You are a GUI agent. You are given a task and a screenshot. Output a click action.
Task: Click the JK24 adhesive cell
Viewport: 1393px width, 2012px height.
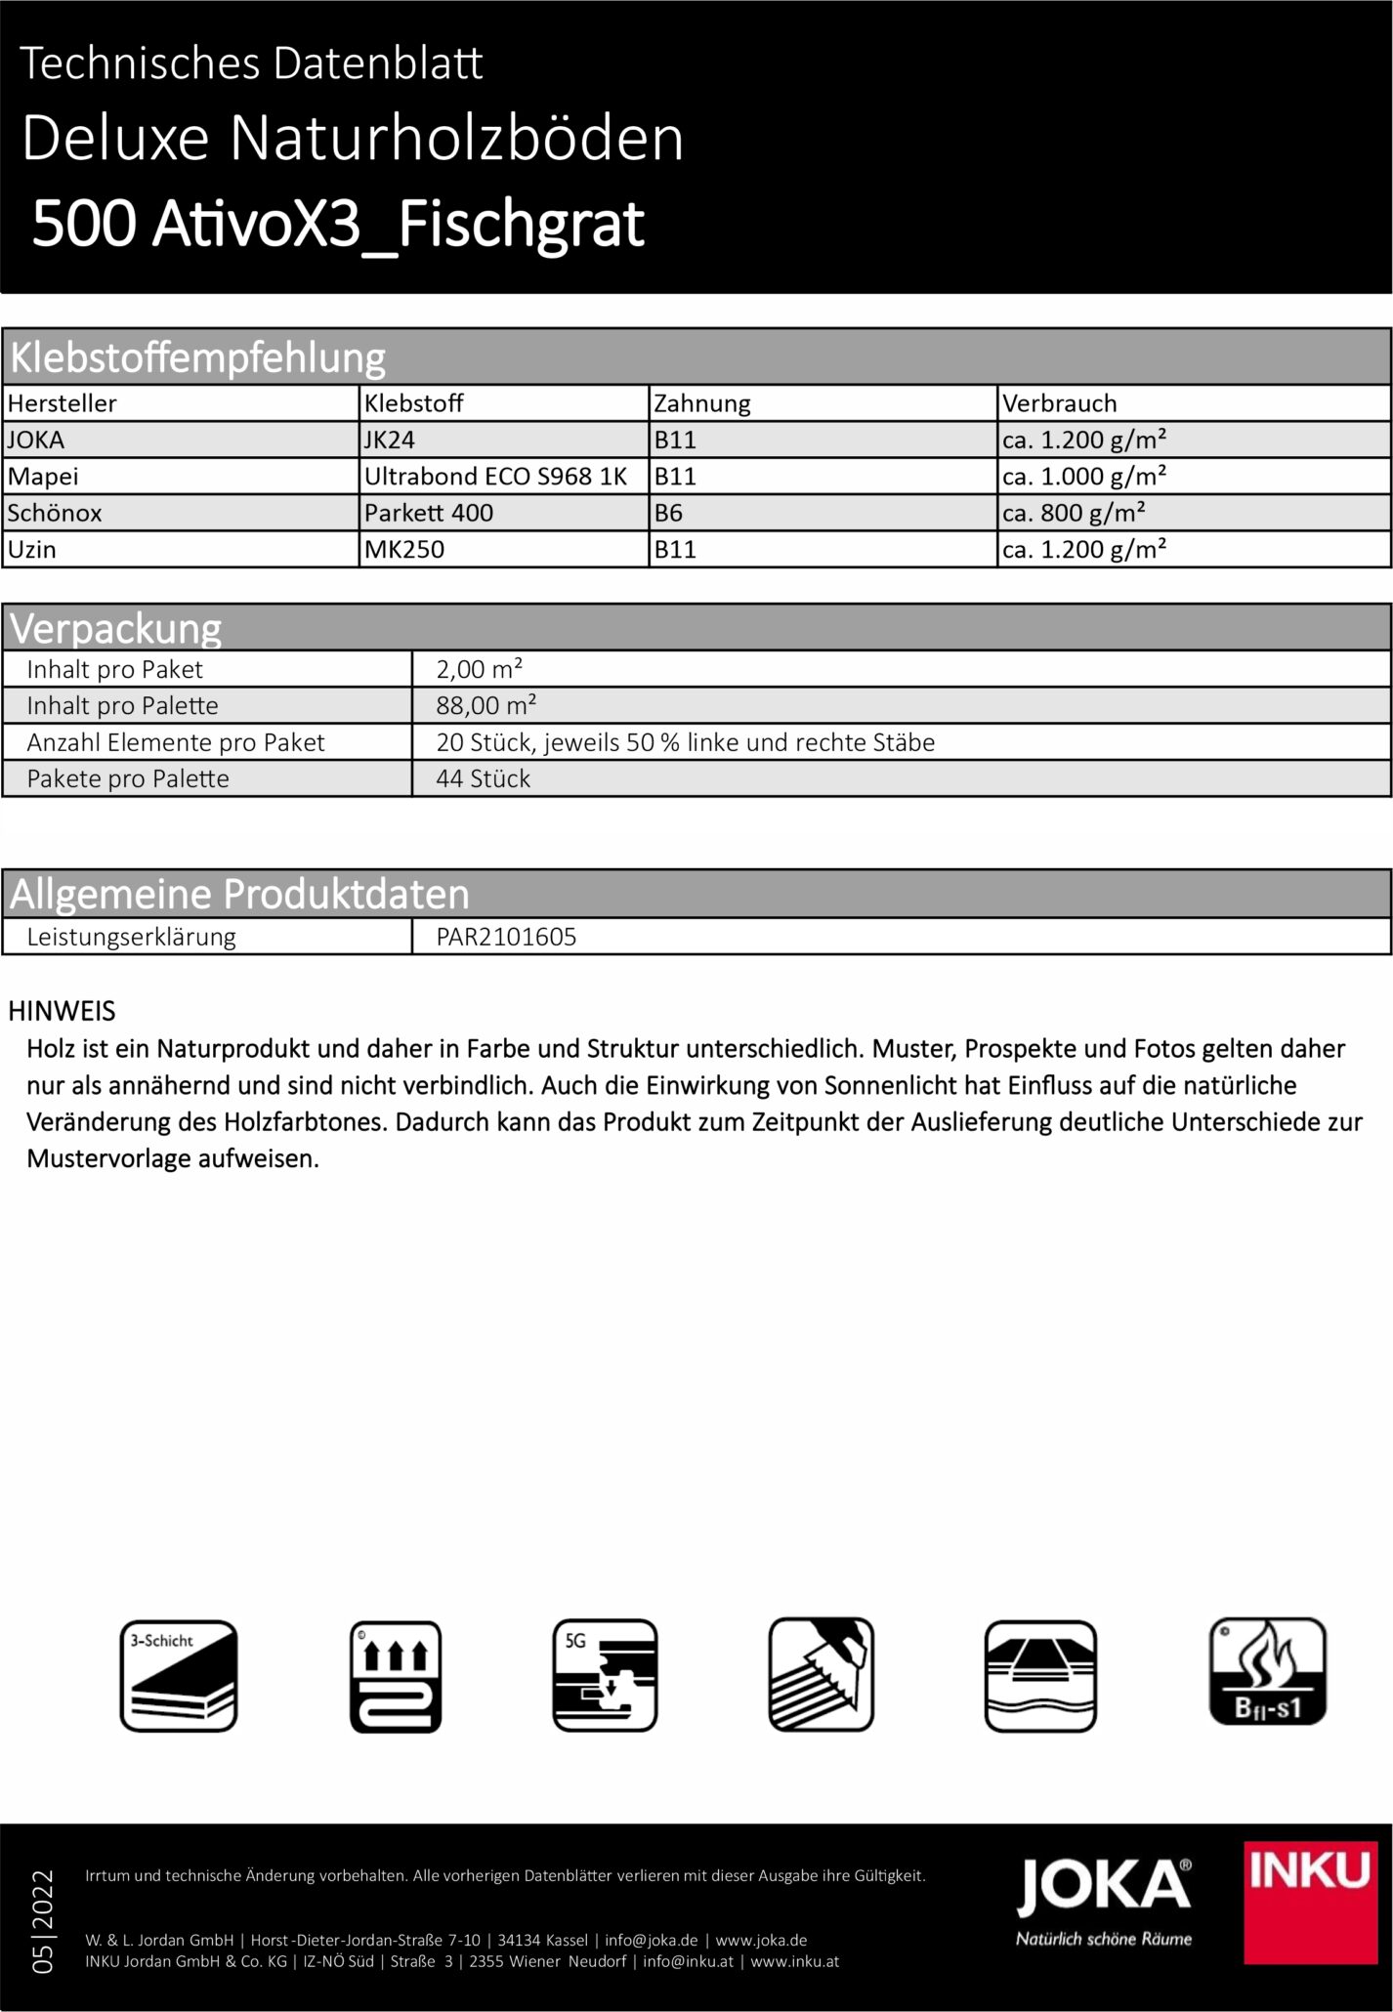pyautogui.click(x=390, y=440)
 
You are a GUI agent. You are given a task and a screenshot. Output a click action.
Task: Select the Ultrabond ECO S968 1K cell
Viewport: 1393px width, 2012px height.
pyautogui.click(x=495, y=477)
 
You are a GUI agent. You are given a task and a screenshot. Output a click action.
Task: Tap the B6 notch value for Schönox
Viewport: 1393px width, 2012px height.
pyautogui.click(x=669, y=513)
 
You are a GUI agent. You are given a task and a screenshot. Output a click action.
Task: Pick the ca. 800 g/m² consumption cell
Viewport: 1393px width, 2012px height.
pyautogui.click(x=1073, y=513)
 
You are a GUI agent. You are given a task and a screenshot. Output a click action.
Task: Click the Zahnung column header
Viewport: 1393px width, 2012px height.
pyautogui.click(x=701, y=403)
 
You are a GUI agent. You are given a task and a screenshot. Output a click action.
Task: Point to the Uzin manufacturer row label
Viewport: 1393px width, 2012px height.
pyautogui.click(x=32, y=549)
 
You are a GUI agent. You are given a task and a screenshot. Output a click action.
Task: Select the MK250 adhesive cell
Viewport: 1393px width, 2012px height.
pyautogui.click(x=404, y=549)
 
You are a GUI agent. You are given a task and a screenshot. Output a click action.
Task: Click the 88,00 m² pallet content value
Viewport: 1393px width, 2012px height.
pyautogui.click(x=485, y=705)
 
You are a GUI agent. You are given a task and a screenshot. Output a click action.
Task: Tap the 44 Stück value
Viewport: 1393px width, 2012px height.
pyautogui.click(x=483, y=778)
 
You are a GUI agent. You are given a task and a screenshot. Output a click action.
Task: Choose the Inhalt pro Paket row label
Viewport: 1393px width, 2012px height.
pyautogui.click(x=114, y=669)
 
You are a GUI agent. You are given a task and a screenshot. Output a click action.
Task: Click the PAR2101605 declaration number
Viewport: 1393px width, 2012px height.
pyautogui.click(x=506, y=937)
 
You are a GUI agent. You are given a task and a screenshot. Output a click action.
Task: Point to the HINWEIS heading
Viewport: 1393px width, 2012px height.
pyautogui.click(x=62, y=1011)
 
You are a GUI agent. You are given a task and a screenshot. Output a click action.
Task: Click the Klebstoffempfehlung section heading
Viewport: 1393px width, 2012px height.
pyautogui.click(x=197, y=358)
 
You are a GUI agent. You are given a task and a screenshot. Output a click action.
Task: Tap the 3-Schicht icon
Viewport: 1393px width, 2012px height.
pyautogui.click(x=179, y=1676)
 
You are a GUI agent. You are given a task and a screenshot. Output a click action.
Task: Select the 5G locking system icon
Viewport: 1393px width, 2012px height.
pyautogui.click(x=605, y=1676)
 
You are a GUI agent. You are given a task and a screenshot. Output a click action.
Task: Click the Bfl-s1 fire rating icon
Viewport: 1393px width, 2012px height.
pyautogui.click(x=1267, y=1672)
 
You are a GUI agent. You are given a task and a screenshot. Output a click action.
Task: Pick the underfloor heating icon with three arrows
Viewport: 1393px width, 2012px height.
pyautogui.click(x=396, y=1676)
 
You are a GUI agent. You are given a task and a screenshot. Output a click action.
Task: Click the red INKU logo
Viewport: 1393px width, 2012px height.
pyautogui.click(x=1309, y=1903)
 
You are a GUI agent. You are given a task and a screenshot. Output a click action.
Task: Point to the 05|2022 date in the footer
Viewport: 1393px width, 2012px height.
pyautogui.click(x=43, y=1921)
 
